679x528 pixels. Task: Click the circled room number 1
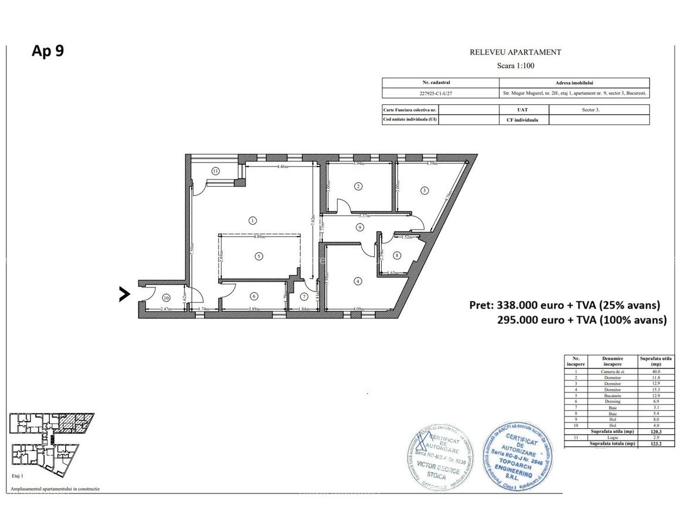252,221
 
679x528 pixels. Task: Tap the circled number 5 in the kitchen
257,256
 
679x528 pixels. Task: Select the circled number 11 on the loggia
215,171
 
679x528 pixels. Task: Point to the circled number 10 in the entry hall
166,297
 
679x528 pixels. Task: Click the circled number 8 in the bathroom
397,255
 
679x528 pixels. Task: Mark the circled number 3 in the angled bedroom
424,190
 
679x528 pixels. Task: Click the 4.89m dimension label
259,238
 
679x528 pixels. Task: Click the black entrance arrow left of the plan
124,294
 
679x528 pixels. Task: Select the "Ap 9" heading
47,51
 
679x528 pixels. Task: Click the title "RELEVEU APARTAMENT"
515,52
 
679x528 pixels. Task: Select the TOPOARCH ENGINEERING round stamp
518,455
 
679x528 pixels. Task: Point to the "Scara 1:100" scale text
515,66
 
